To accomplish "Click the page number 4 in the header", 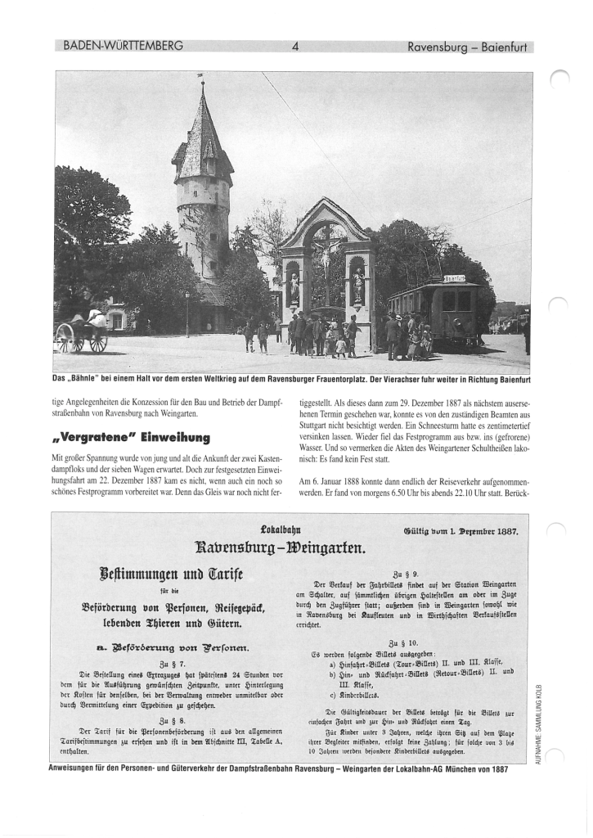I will (x=295, y=47).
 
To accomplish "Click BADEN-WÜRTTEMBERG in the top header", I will (x=123, y=46).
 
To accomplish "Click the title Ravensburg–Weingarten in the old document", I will (x=285, y=547).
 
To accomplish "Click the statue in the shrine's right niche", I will (x=357, y=286).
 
